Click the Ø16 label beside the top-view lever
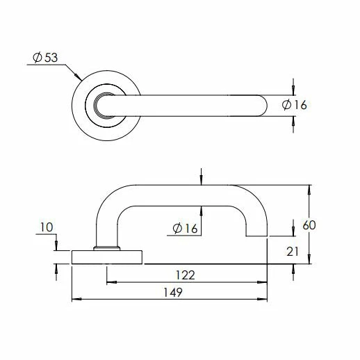pos(295,105)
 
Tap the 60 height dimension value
pos(310,225)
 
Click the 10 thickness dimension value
pos(47,227)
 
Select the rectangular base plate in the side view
pos(108,256)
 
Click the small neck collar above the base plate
pos(106,247)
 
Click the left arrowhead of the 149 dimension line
pos(76,300)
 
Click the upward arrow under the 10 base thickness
pos(56,268)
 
